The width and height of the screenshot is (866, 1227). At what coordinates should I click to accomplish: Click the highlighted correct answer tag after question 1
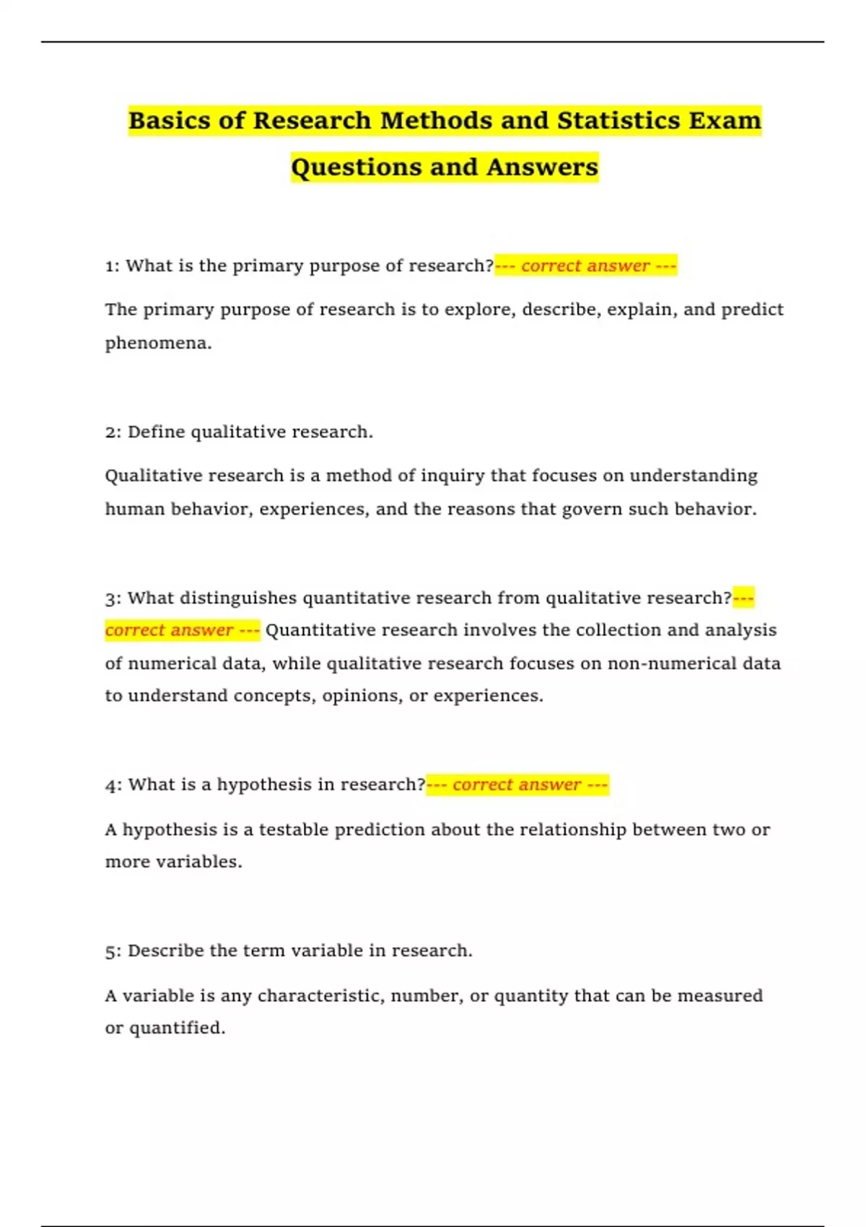click(585, 266)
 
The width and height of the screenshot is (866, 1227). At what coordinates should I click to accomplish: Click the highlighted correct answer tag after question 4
click(517, 785)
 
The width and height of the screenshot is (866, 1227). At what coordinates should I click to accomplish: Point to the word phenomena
click(157, 344)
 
